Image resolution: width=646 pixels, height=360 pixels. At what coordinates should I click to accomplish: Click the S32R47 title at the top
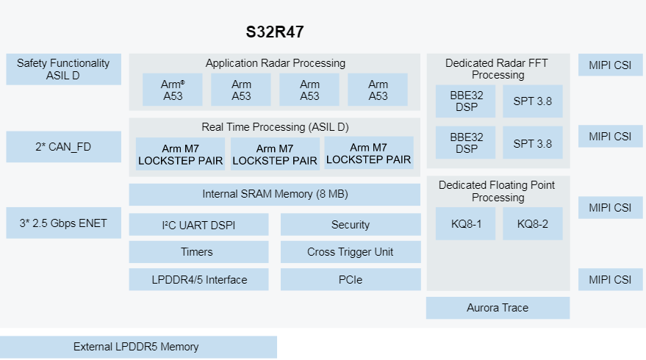[x=274, y=32]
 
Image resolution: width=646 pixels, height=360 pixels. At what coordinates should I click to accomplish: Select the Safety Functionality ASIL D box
[x=63, y=69]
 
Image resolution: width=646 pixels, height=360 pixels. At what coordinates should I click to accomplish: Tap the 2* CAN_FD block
[x=63, y=147]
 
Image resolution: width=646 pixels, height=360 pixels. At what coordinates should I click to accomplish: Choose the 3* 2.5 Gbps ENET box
[x=63, y=223]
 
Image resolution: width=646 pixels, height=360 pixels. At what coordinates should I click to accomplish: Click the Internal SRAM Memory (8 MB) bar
[x=275, y=195]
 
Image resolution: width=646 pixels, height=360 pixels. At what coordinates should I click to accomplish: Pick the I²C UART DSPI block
[x=199, y=225]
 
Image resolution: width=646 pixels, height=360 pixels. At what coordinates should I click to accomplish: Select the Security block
[x=351, y=225]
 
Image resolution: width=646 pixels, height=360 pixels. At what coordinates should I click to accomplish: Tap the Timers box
[x=199, y=252]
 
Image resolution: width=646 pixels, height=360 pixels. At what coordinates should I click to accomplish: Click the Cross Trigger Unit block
[x=351, y=252]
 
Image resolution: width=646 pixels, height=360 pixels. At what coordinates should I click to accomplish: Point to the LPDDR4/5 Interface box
[x=199, y=279]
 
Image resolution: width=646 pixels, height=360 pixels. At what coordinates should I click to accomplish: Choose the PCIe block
[x=351, y=279]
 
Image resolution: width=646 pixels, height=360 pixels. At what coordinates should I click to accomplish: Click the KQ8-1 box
[x=466, y=224]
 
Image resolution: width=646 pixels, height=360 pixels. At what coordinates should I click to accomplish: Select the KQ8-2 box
[x=533, y=224]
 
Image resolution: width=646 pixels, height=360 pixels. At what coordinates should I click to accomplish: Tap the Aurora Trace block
[x=498, y=308]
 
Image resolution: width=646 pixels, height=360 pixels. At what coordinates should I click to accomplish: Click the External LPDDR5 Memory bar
[x=139, y=347]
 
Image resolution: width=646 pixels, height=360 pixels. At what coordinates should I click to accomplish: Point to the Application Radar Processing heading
[x=275, y=63]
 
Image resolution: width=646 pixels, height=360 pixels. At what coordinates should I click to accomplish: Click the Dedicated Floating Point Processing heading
[x=498, y=191]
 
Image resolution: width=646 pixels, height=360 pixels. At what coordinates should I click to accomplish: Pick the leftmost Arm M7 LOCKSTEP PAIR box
[x=181, y=154]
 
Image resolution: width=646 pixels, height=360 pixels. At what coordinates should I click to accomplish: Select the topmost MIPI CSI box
[x=610, y=65]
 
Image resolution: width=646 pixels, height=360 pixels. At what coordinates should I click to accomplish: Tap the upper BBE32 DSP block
[x=466, y=101]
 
